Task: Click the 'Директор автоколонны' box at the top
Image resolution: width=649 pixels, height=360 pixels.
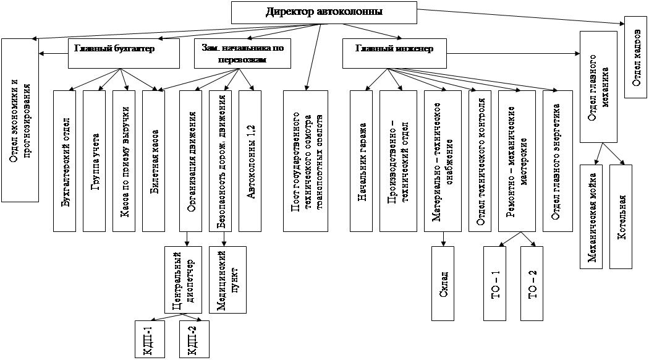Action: (x=324, y=12)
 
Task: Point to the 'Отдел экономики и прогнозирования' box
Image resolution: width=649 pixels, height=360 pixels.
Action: (x=20, y=121)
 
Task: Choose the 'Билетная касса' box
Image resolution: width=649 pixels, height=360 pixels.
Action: (x=155, y=161)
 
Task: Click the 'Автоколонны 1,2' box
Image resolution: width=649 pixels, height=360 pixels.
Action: (x=251, y=161)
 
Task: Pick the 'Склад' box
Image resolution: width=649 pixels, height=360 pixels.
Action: (x=443, y=283)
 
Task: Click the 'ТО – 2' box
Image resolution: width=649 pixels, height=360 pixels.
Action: (x=532, y=283)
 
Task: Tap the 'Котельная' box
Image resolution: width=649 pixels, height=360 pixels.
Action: (x=622, y=216)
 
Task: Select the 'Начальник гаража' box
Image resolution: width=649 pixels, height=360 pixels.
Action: (x=362, y=161)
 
